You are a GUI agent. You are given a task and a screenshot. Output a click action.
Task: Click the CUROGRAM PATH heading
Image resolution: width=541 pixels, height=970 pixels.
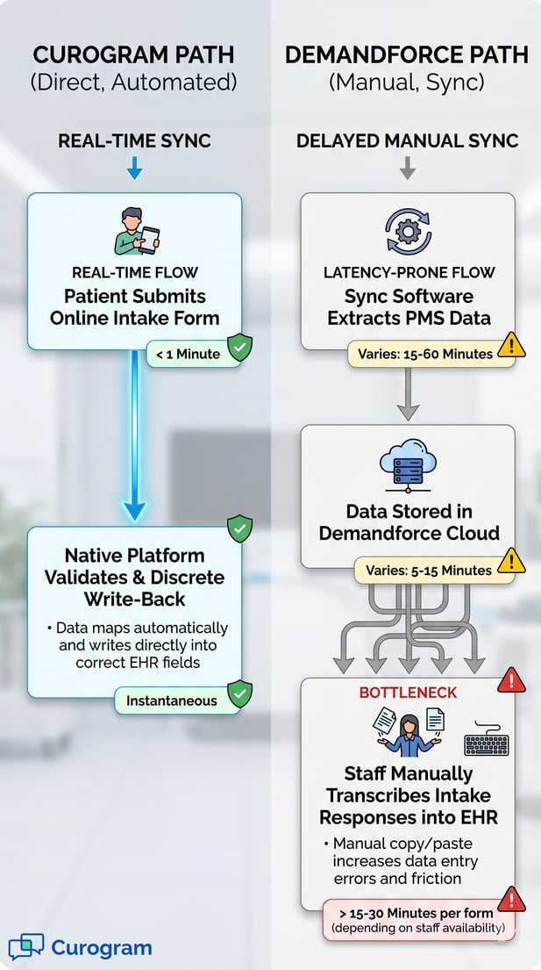point(134,55)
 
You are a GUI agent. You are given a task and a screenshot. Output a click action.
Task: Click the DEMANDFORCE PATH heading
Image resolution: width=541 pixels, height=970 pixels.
point(407,55)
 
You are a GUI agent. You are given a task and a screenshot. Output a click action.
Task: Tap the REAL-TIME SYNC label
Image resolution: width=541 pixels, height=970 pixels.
point(134,140)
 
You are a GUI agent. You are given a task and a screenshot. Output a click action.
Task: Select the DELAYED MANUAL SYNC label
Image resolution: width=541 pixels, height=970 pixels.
point(407,140)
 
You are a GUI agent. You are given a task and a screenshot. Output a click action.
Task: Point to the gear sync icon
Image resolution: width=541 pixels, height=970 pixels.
point(408,232)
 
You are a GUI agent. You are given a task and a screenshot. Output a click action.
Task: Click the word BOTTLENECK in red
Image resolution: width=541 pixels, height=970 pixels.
point(408,693)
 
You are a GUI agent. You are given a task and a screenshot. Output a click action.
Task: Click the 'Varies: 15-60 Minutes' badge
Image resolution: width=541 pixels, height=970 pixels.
point(426,355)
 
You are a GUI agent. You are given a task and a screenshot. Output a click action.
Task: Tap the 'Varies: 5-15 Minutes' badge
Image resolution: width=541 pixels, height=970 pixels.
point(429,571)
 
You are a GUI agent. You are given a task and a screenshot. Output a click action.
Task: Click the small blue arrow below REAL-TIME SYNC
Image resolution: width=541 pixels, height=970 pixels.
point(134,169)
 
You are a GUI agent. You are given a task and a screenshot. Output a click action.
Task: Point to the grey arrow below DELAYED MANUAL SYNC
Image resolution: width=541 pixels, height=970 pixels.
point(407,169)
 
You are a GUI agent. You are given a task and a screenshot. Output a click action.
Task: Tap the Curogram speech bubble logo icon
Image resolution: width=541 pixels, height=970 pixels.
point(25,947)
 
